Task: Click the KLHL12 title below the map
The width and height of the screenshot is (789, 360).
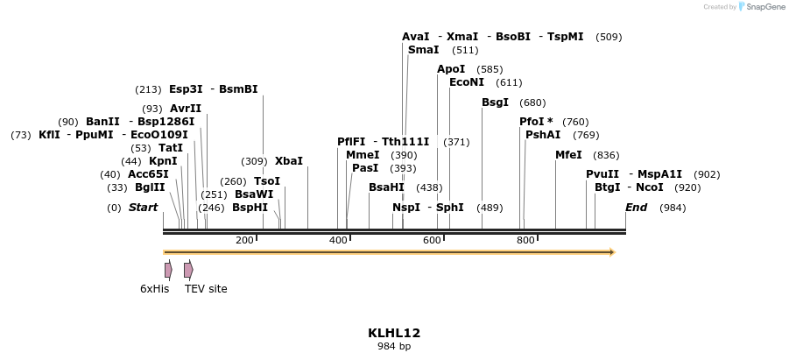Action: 394,333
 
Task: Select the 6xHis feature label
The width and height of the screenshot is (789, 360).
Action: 155,288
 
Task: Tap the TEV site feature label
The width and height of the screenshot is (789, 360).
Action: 206,288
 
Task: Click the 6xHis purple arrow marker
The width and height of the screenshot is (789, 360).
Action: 168,270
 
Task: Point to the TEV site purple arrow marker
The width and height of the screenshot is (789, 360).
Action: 188,270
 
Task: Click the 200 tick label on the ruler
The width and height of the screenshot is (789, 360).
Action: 244,240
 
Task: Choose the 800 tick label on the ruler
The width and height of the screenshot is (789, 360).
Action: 525,240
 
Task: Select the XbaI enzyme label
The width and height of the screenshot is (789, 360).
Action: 289,161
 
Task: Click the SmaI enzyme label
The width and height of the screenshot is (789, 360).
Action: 424,50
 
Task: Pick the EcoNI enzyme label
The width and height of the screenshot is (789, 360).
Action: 467,82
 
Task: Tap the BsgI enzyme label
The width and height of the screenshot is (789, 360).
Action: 496,102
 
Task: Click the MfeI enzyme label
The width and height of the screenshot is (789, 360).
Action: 568,155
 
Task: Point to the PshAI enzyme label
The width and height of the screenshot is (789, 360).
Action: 543,135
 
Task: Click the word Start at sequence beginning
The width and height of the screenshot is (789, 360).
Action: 144,208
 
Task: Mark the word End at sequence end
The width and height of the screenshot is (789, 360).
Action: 636,208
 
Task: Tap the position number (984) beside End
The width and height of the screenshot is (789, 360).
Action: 673,208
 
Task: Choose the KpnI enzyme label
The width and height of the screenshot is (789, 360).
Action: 163,161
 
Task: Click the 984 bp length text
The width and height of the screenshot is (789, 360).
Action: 394,347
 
